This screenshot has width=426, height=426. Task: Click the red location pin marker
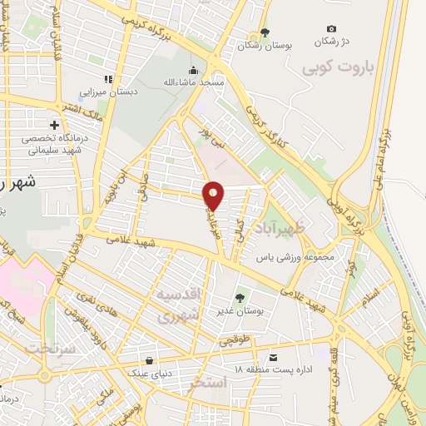(214, 195)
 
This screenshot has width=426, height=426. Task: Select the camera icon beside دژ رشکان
(331, 29)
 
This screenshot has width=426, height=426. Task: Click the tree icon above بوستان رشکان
(265, 32)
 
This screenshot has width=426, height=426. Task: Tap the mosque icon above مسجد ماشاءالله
(194, 70)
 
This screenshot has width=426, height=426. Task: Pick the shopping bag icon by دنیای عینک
(148, 360)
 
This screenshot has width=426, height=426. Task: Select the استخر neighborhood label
(207, 384)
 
